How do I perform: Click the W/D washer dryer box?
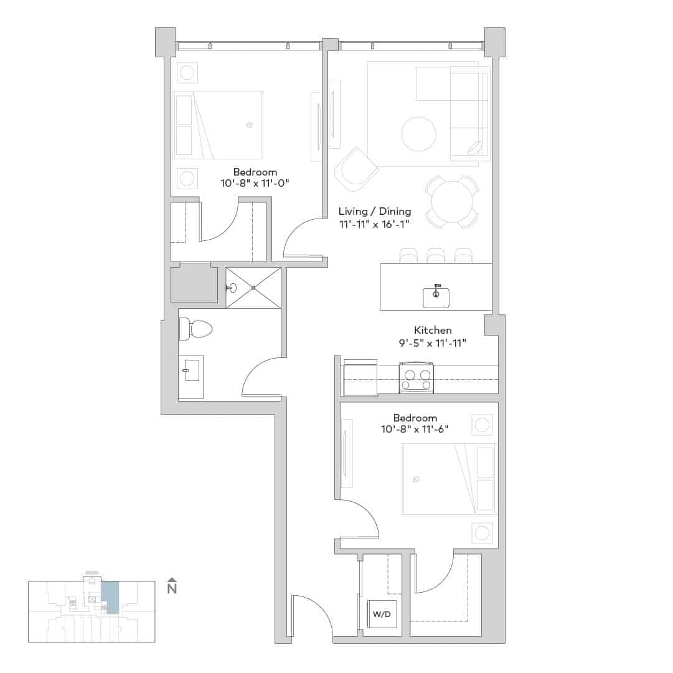click(x=382, y=613)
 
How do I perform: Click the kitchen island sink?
click(x=436, y=296)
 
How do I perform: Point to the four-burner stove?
click(x=416, y=379)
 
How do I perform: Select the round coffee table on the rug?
click(x=418, y=134)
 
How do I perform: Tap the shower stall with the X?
click(x=253, y=288)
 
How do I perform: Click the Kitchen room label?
click(x=433, y=330)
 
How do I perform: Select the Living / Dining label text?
click(x=375, y=212)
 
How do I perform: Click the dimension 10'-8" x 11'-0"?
click(x=255, y=184)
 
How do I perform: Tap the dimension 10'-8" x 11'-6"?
click(x=415, y=429)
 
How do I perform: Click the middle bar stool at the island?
click(x=436, y=255)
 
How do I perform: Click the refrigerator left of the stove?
click(x=360, y=378)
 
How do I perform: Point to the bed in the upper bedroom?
click(x=218, y=125)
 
